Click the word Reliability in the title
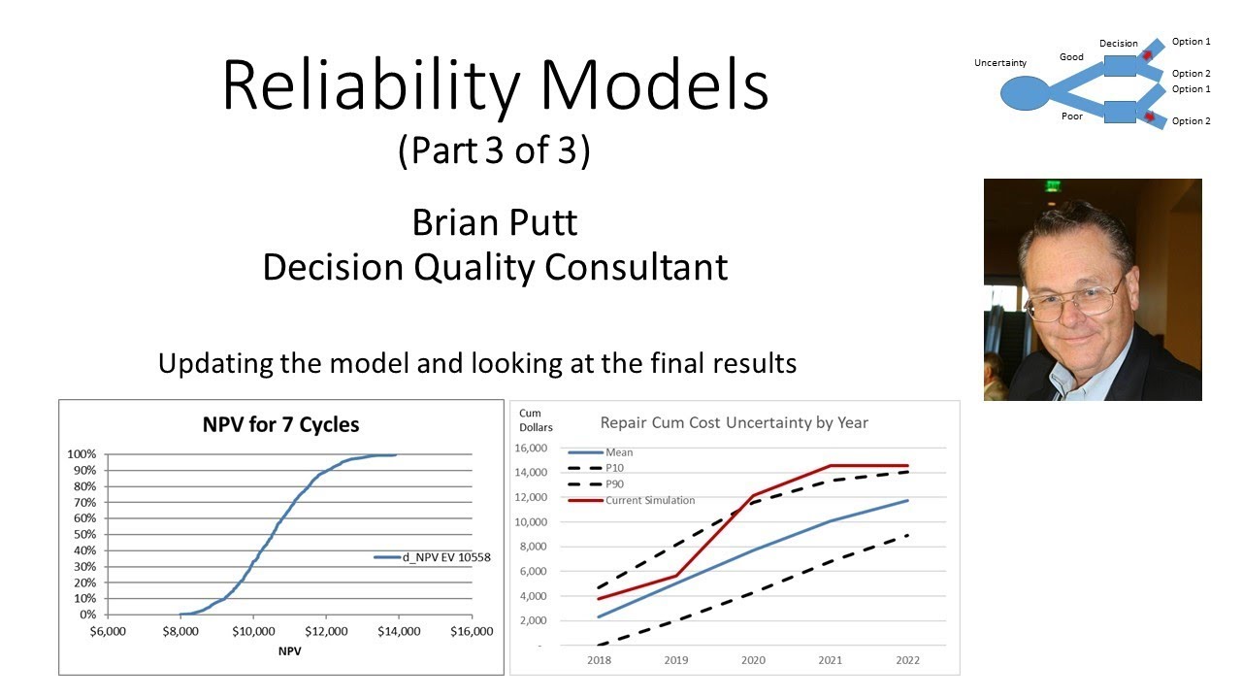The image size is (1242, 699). click(372, 85)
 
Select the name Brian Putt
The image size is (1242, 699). click(495, 222)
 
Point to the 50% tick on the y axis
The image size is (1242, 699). click(82, 534)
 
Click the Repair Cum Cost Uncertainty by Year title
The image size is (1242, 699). click(734, 422)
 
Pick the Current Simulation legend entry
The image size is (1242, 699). click(649, 500)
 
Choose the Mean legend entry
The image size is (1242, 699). click(619, 452)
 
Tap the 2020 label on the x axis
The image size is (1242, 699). click(753, 661)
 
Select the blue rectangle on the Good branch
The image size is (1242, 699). click(1120, 66)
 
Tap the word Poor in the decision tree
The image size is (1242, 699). click(1071, 116)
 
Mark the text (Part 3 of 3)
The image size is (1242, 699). click(494, 152)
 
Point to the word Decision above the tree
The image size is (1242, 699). click(1118, 44)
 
